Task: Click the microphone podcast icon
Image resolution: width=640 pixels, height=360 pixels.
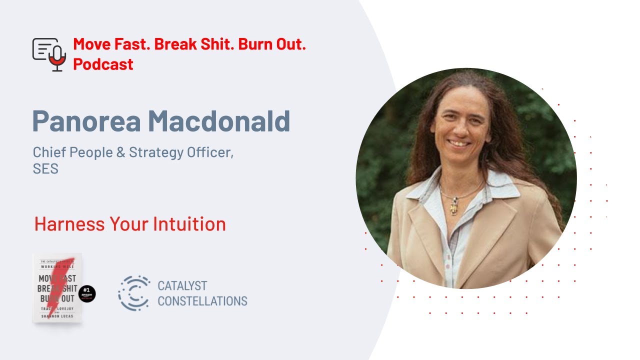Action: [x=49, y=54]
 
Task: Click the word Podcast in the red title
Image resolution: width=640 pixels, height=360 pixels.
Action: [x=103, y=64]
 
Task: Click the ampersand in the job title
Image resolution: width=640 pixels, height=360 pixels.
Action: [x=120, y=152]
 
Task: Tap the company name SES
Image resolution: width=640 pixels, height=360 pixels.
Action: [x=45, y=169]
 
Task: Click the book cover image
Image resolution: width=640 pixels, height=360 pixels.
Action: [x=57, y=287]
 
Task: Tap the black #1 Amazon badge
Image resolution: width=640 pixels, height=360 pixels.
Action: [x=87, y=294]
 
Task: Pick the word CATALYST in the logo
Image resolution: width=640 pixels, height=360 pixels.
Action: [x=182, y=286]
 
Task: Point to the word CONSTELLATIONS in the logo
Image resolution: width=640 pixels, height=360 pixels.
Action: [x=202, y=301]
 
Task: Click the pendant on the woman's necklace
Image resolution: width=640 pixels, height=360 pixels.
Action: [x=453, y=205]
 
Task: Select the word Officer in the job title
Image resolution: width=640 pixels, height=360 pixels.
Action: [x=210, y=152]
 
